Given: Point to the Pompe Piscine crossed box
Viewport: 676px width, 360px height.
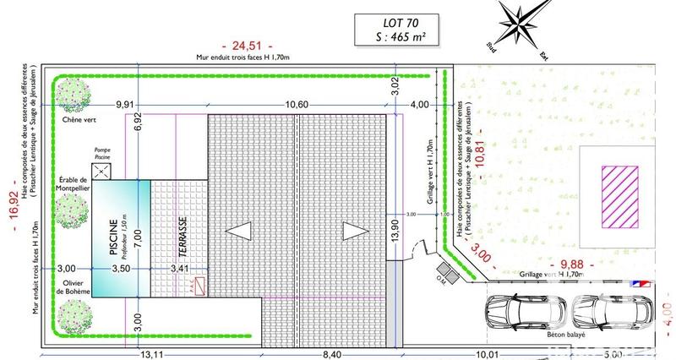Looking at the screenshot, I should pos(102,171).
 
